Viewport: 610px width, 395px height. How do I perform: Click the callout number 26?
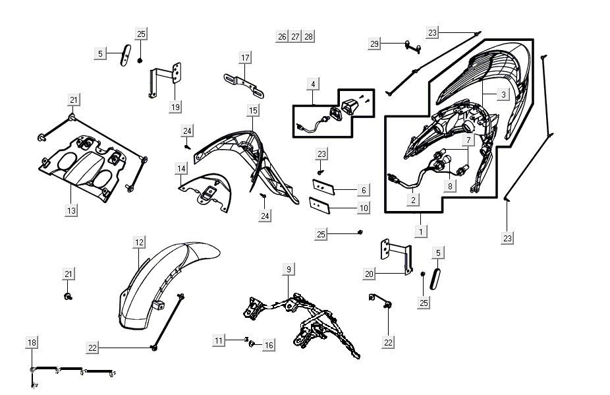click(282, 36)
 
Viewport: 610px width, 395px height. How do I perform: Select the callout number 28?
click(308, 36)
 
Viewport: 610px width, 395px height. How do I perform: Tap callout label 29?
click(374, 44)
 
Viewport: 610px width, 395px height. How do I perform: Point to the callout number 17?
click(245, 58)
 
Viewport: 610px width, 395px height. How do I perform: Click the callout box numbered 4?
click(314, 84)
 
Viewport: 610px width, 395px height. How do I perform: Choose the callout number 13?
click(71, 210)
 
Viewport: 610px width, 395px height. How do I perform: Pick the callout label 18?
click(32, 342)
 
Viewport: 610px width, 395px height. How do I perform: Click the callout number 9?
click(288, 269)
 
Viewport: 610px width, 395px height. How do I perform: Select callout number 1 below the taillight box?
click(420, 231)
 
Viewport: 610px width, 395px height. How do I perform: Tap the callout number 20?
click(369, 273)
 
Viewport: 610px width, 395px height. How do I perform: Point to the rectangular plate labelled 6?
click(323, 187)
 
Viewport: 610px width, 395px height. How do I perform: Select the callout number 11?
click(219, 340)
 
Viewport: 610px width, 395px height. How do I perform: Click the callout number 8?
click(450, 185)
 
